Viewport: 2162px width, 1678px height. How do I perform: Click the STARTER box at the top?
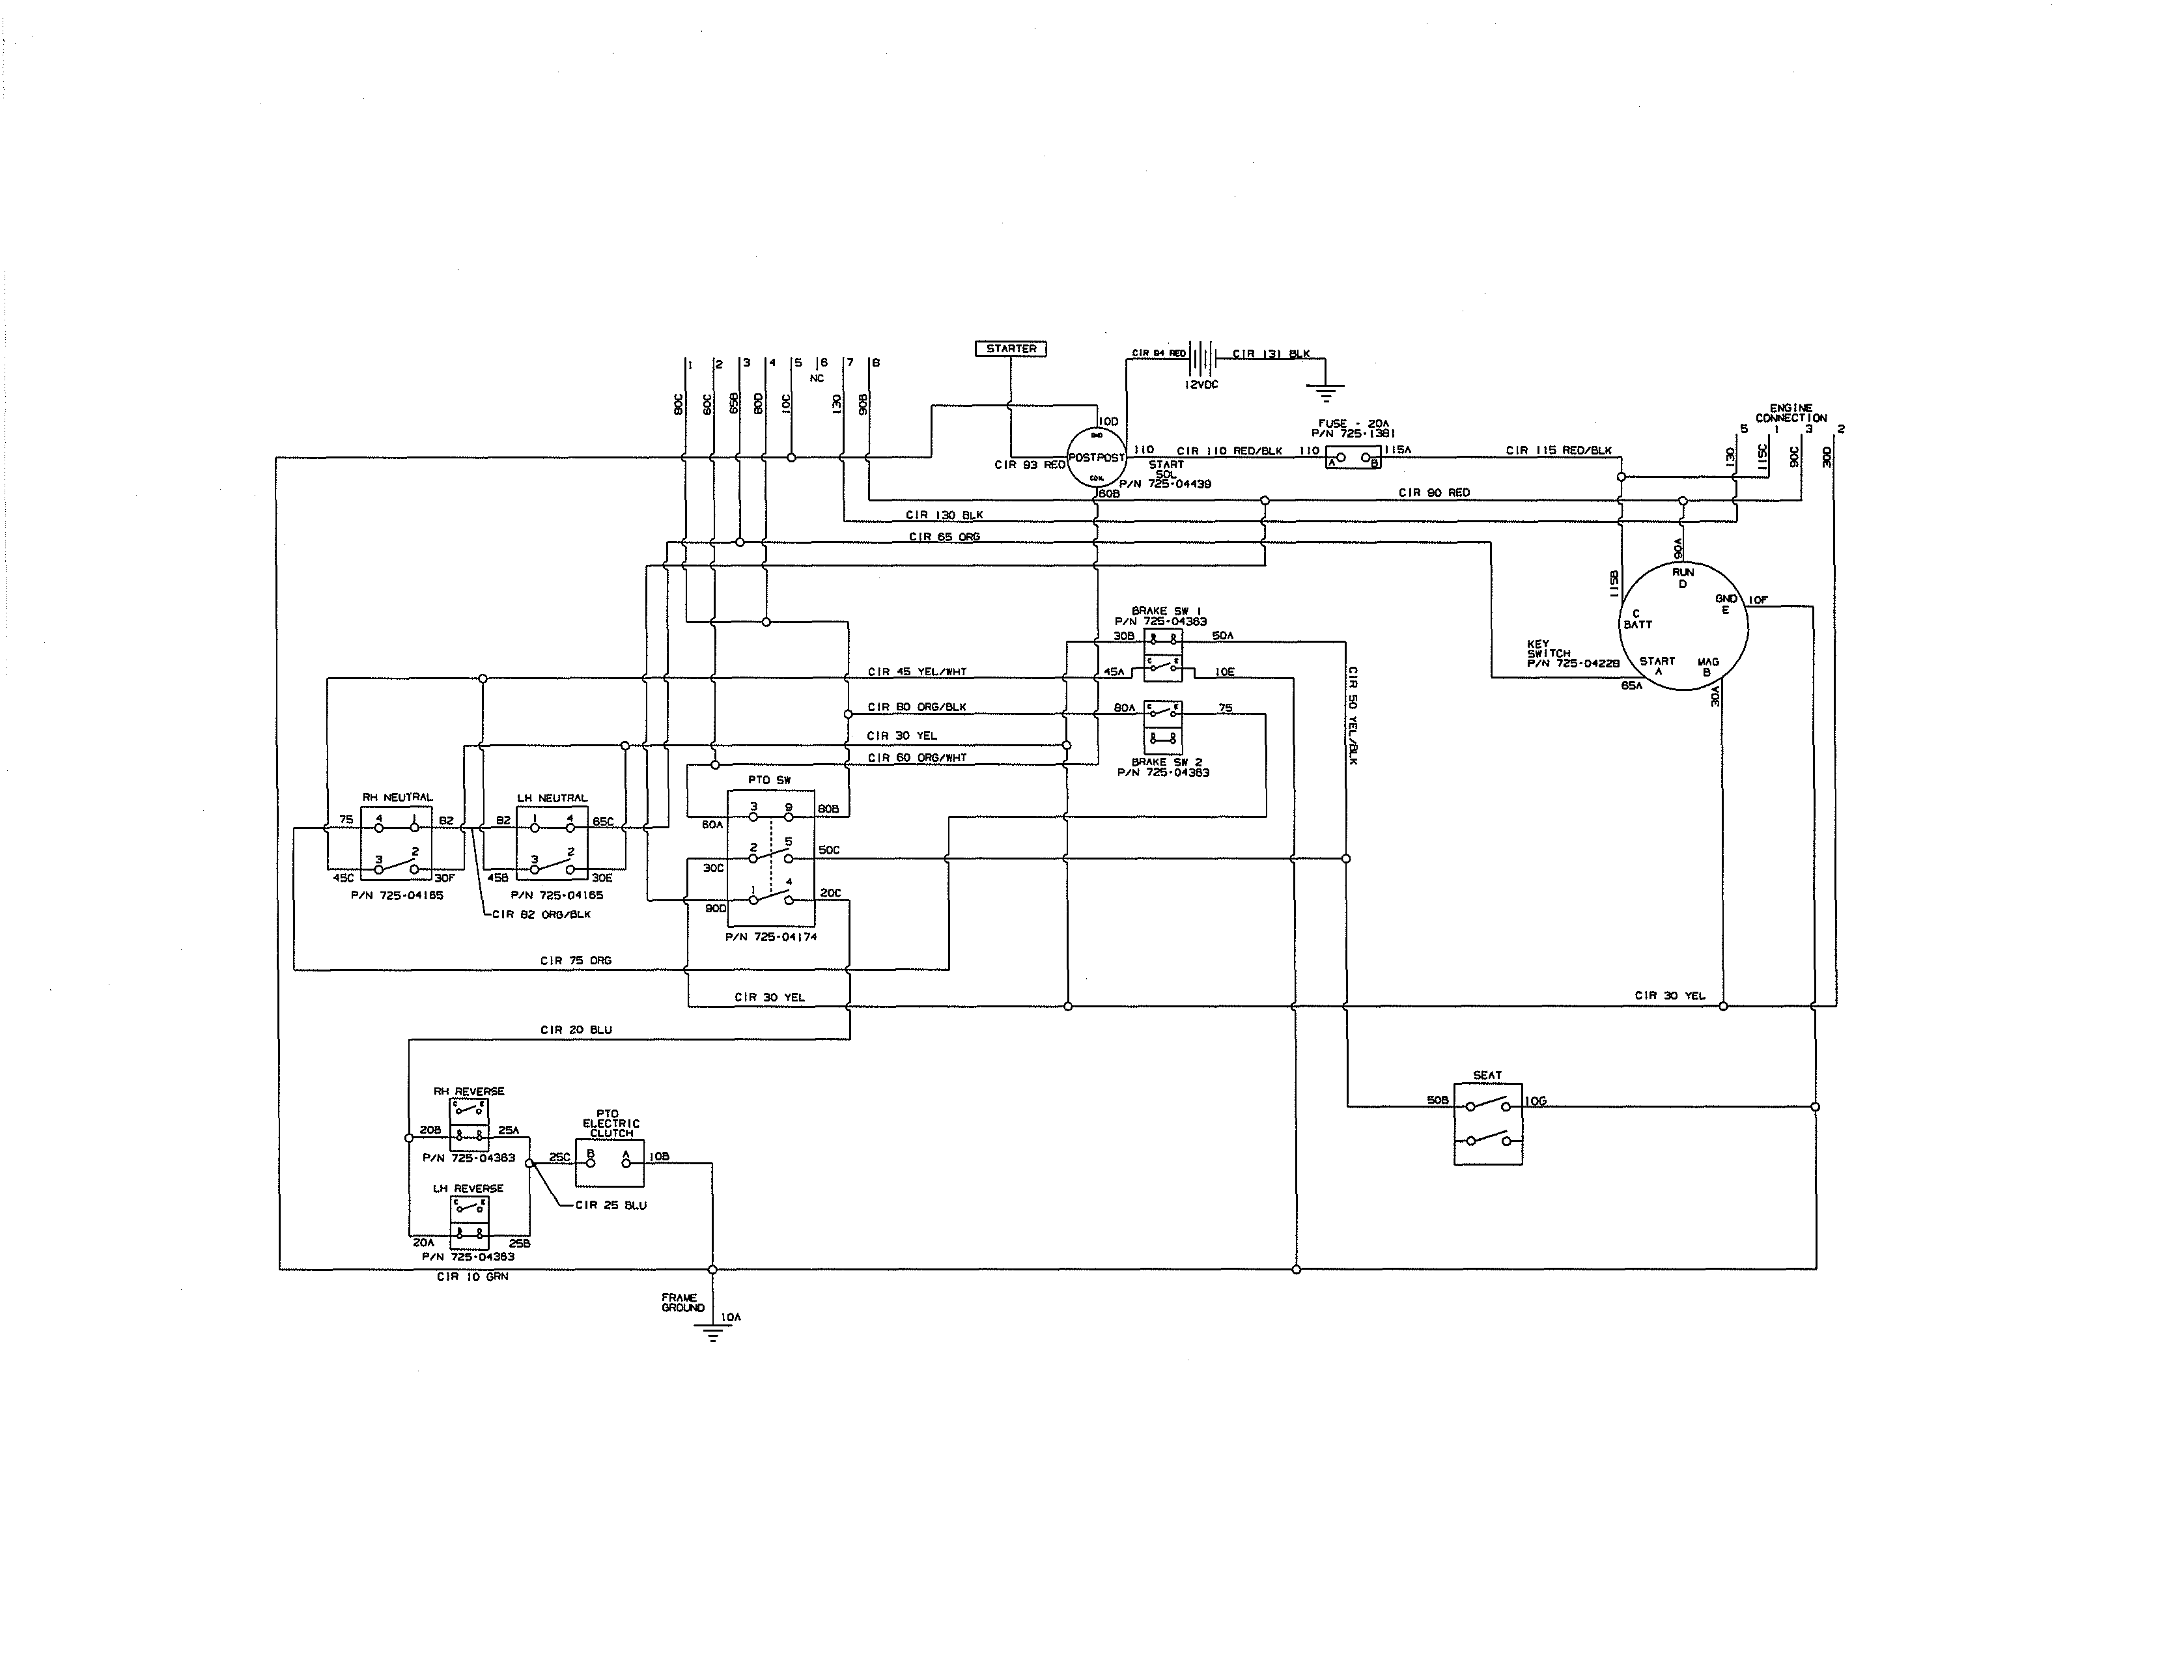point(1010,348)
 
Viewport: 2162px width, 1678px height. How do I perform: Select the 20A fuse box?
point(1353,459)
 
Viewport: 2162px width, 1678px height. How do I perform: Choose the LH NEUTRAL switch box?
point(552,843)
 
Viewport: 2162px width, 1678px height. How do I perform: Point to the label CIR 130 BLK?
point(944,515)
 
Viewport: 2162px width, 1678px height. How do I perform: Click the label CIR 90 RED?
point(1433,492)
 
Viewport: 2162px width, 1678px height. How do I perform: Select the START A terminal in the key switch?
point(1657,665)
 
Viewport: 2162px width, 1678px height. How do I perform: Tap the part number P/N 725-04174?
point(771,936)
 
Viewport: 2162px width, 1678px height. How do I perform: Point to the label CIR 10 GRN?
point(472,1277)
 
